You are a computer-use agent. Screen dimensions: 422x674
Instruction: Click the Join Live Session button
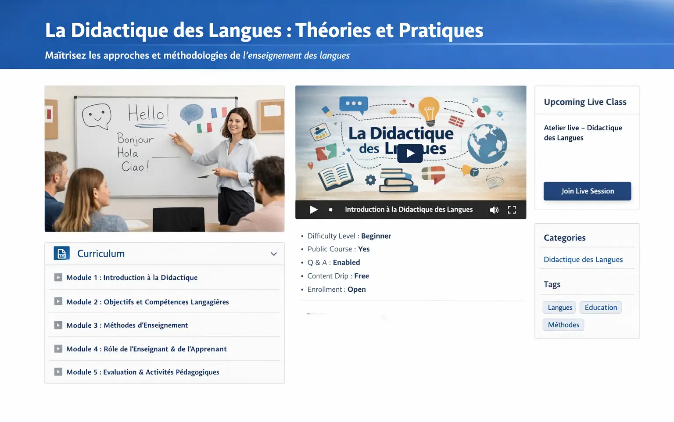[x=587, y=191]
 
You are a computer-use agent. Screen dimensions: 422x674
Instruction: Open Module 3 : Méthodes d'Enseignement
[x=127, y=325]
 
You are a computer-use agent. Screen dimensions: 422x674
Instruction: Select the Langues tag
[x=560, y=308]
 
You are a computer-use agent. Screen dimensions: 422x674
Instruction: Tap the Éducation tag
[x=601, y=308]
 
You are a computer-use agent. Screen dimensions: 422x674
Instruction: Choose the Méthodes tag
[x=563, y=325]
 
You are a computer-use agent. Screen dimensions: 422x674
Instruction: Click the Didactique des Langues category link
[x=583, y=259]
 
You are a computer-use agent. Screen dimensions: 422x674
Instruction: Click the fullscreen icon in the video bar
[x=512, y=210]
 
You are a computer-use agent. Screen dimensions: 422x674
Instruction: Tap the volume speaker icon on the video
[x=494, y=210]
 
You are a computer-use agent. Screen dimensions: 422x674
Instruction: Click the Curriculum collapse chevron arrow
[x=274, y=254]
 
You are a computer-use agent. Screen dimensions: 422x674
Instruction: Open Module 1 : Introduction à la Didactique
[x=132, y=277]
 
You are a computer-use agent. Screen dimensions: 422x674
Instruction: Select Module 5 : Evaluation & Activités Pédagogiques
[x=143, y=372]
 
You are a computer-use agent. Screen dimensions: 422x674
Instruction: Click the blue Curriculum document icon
[x=61, y=254]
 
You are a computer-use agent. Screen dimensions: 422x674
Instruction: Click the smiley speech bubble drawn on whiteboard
[x=97, y=115]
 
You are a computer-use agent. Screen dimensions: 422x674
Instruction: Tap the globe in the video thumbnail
[x=487, y=143]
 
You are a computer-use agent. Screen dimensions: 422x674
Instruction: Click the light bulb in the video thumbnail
[x=429, y=110]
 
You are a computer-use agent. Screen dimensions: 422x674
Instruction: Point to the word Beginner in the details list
[x=376, y=236]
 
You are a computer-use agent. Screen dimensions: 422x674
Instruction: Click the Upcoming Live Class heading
[x=585, y=102]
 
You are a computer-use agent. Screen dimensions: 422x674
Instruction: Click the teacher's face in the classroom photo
[x=237, y=123]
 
